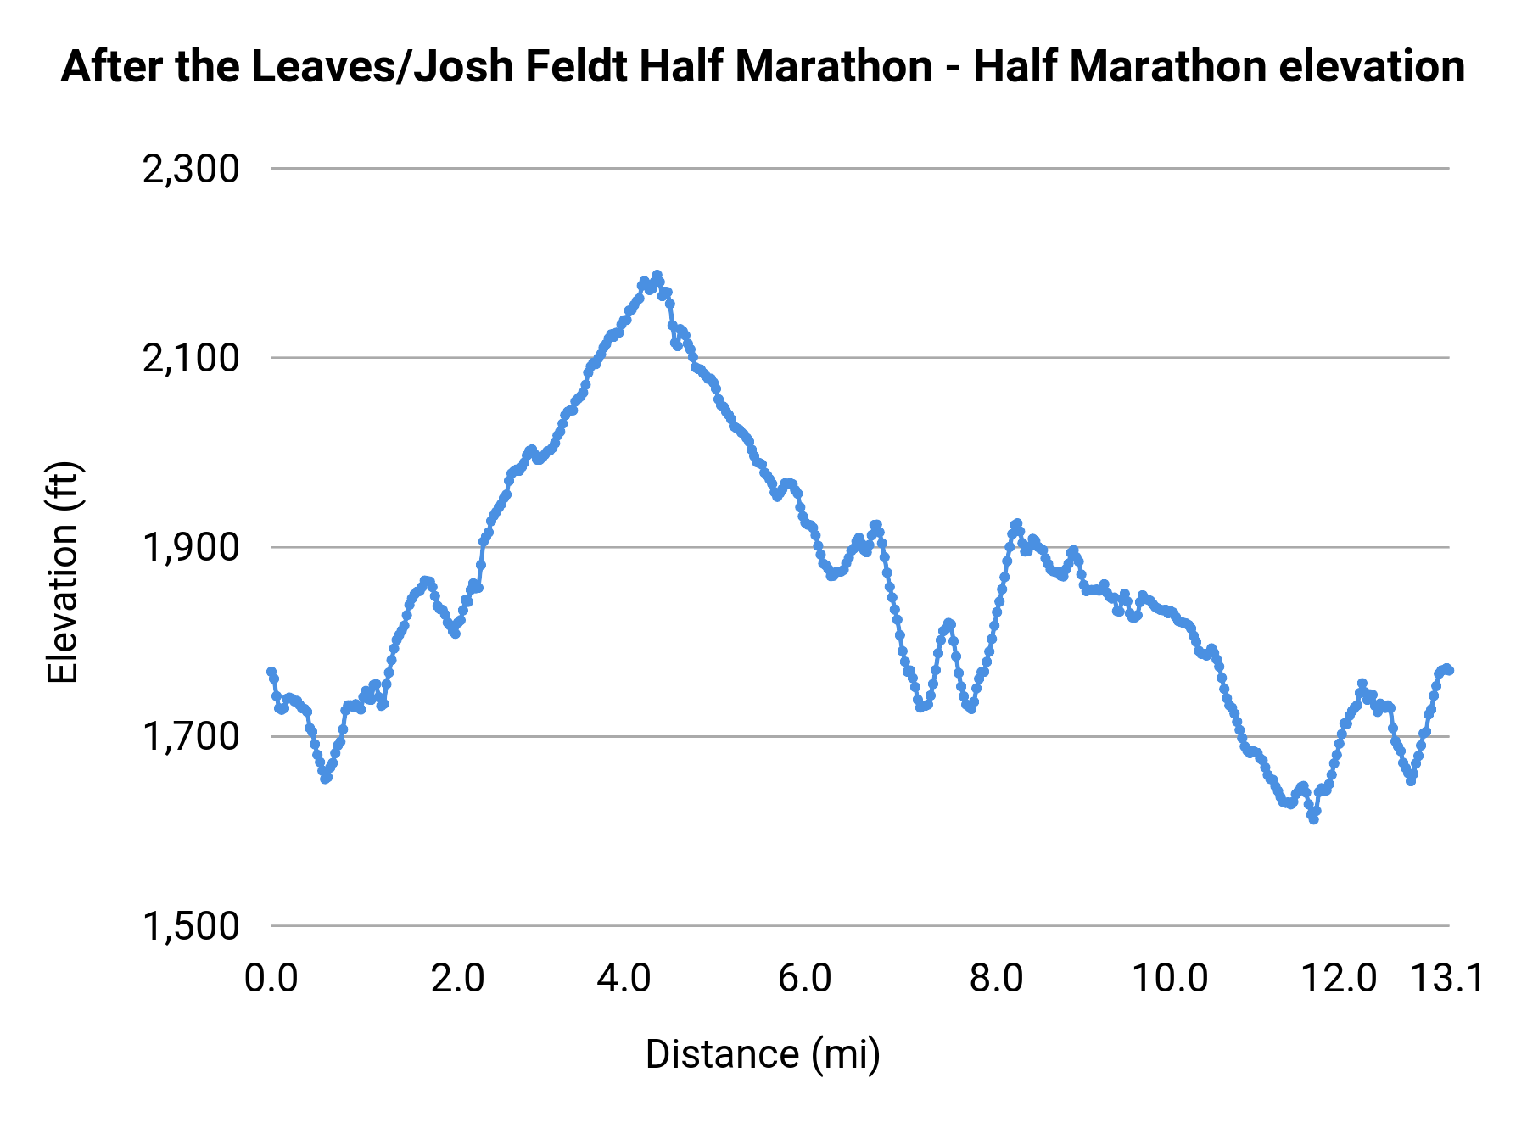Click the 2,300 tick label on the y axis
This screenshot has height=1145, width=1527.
click(x=191, y=170)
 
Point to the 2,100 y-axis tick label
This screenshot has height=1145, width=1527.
click(x=191, y=359)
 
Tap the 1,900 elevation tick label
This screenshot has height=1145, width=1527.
click(x=191, y=548)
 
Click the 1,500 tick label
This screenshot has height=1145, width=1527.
click(x=191, y=926)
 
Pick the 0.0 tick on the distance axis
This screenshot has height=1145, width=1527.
click(x=271, y=979)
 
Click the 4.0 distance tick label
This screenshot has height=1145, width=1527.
click(x=624, y=979)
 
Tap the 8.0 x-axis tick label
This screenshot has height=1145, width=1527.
click(x=996, y=979)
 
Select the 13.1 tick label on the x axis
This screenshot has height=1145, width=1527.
click(x=1447, y=979)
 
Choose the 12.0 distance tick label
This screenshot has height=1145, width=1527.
click(x=1340, y=979)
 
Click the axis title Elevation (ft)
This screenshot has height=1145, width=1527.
click(x=63, y=572)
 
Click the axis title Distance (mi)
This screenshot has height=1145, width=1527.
click(x=763, y=1054)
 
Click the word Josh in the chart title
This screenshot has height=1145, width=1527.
click(x=466, y=66)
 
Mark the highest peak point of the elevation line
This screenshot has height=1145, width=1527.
click(x=657, y=276)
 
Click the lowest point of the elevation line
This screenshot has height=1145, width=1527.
click(x=1314, y=819)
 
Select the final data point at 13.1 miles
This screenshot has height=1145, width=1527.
click(x=1449, y=670)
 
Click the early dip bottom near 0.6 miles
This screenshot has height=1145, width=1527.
click(x=326, y=778)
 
